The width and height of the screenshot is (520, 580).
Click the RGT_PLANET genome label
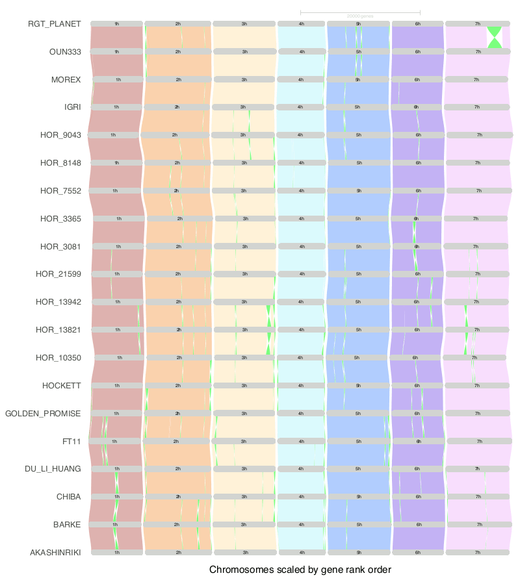click(x=55, y=24)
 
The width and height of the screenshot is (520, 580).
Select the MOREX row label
click(x=66, y=80)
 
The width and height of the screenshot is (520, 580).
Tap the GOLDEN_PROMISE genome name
click(x=43, y=414)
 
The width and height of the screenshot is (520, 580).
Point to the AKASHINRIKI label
click(x=55, y=553)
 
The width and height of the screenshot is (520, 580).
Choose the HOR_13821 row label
click(x=58, y=330)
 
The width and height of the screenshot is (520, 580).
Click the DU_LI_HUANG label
click(x=53, y=469)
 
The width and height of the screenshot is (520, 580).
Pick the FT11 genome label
click(x=71, y=442)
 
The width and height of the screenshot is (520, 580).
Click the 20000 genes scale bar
click(x=360, y=12)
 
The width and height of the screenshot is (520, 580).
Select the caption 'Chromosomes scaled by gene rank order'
click(x=300, y=570)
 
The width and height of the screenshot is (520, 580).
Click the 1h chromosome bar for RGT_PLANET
click(x=116, y=24)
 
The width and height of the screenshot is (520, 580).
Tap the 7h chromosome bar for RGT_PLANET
click(x=477, y=24)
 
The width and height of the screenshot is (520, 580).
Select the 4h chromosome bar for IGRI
click(x=300, y=107)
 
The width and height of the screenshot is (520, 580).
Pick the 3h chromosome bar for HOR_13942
click(x=244, y=302)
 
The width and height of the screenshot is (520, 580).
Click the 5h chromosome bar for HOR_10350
click(x=356, y=358)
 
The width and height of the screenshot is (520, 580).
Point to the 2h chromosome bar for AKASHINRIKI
click(x=178, y=553)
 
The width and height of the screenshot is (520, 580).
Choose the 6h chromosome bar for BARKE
click(x=419, y=525)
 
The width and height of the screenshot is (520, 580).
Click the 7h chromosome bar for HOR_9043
click(x=479, y=135)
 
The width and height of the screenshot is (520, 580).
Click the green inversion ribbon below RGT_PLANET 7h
click(x=495, y=38)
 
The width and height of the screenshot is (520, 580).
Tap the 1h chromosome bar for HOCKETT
click(x=117, y=386)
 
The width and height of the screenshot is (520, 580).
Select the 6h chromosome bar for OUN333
click(x=417, y=52)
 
